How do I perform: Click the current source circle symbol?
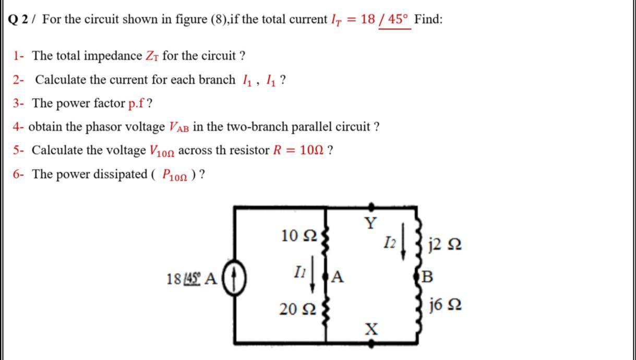[235, 277]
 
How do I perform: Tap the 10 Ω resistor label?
[298, 236]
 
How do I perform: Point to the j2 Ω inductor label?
[443, 244]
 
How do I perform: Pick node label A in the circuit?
[338, 277]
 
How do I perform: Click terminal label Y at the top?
[370, 223]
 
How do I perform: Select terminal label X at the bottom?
[370, 329]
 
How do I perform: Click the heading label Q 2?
[20, 20]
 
